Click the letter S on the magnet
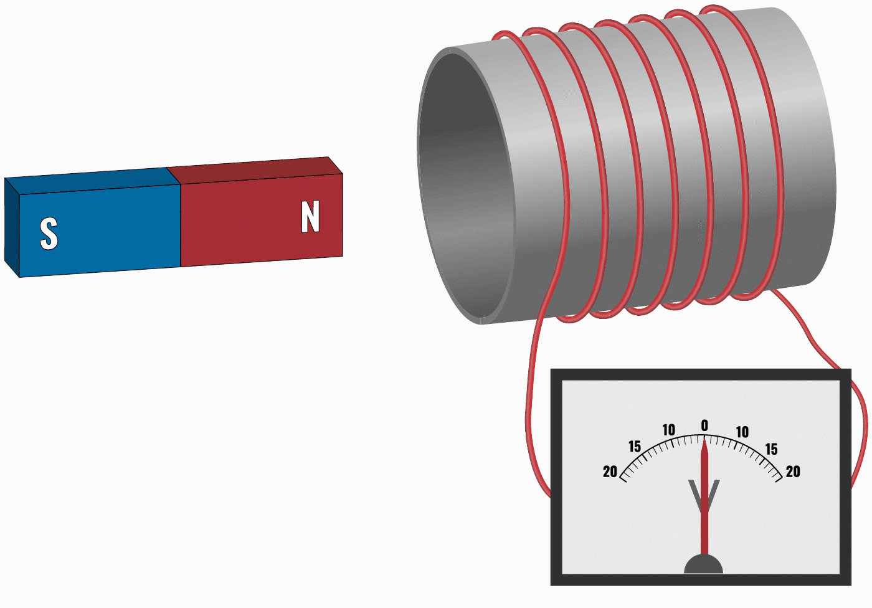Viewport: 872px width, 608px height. [49, 233]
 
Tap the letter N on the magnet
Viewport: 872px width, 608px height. [310, 216]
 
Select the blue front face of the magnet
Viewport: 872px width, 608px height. [100, 231]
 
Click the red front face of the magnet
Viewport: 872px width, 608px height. [262, 221]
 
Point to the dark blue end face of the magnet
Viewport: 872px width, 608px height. [12, 227]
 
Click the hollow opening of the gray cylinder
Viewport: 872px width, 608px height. [466, 186]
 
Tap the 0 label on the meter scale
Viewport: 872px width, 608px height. [704, 425]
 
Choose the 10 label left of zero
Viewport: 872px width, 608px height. [669, 430]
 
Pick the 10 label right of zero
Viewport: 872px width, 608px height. [742, 432]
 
